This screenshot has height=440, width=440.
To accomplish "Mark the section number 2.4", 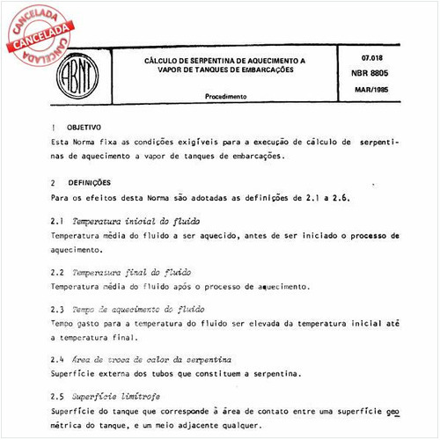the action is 58,359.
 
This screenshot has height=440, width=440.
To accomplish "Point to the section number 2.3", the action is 58,310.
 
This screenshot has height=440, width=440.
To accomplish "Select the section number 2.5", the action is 58,396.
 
